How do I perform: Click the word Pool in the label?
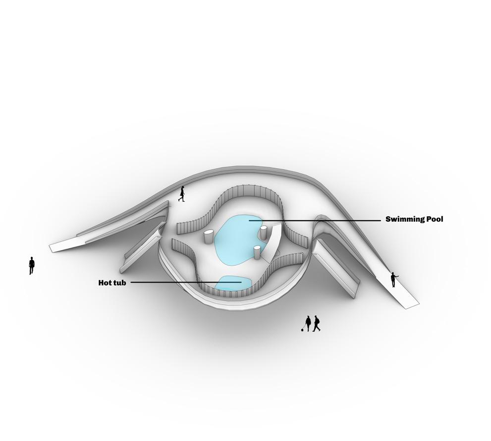point(434,219)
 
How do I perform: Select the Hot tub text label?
point(112,283)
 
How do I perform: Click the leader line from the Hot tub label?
point(183,283)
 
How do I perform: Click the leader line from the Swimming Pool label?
point(317,220)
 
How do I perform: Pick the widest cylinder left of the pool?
point(209,237)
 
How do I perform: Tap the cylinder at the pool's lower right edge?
point(257,252)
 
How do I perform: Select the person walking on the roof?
point(182,194)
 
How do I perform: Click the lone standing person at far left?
point(32,265)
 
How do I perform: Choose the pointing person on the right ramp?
point(393,280)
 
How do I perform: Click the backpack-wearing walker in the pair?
point(317,323)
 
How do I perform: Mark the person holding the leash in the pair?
point(309,324)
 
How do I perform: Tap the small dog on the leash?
point(302,329)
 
